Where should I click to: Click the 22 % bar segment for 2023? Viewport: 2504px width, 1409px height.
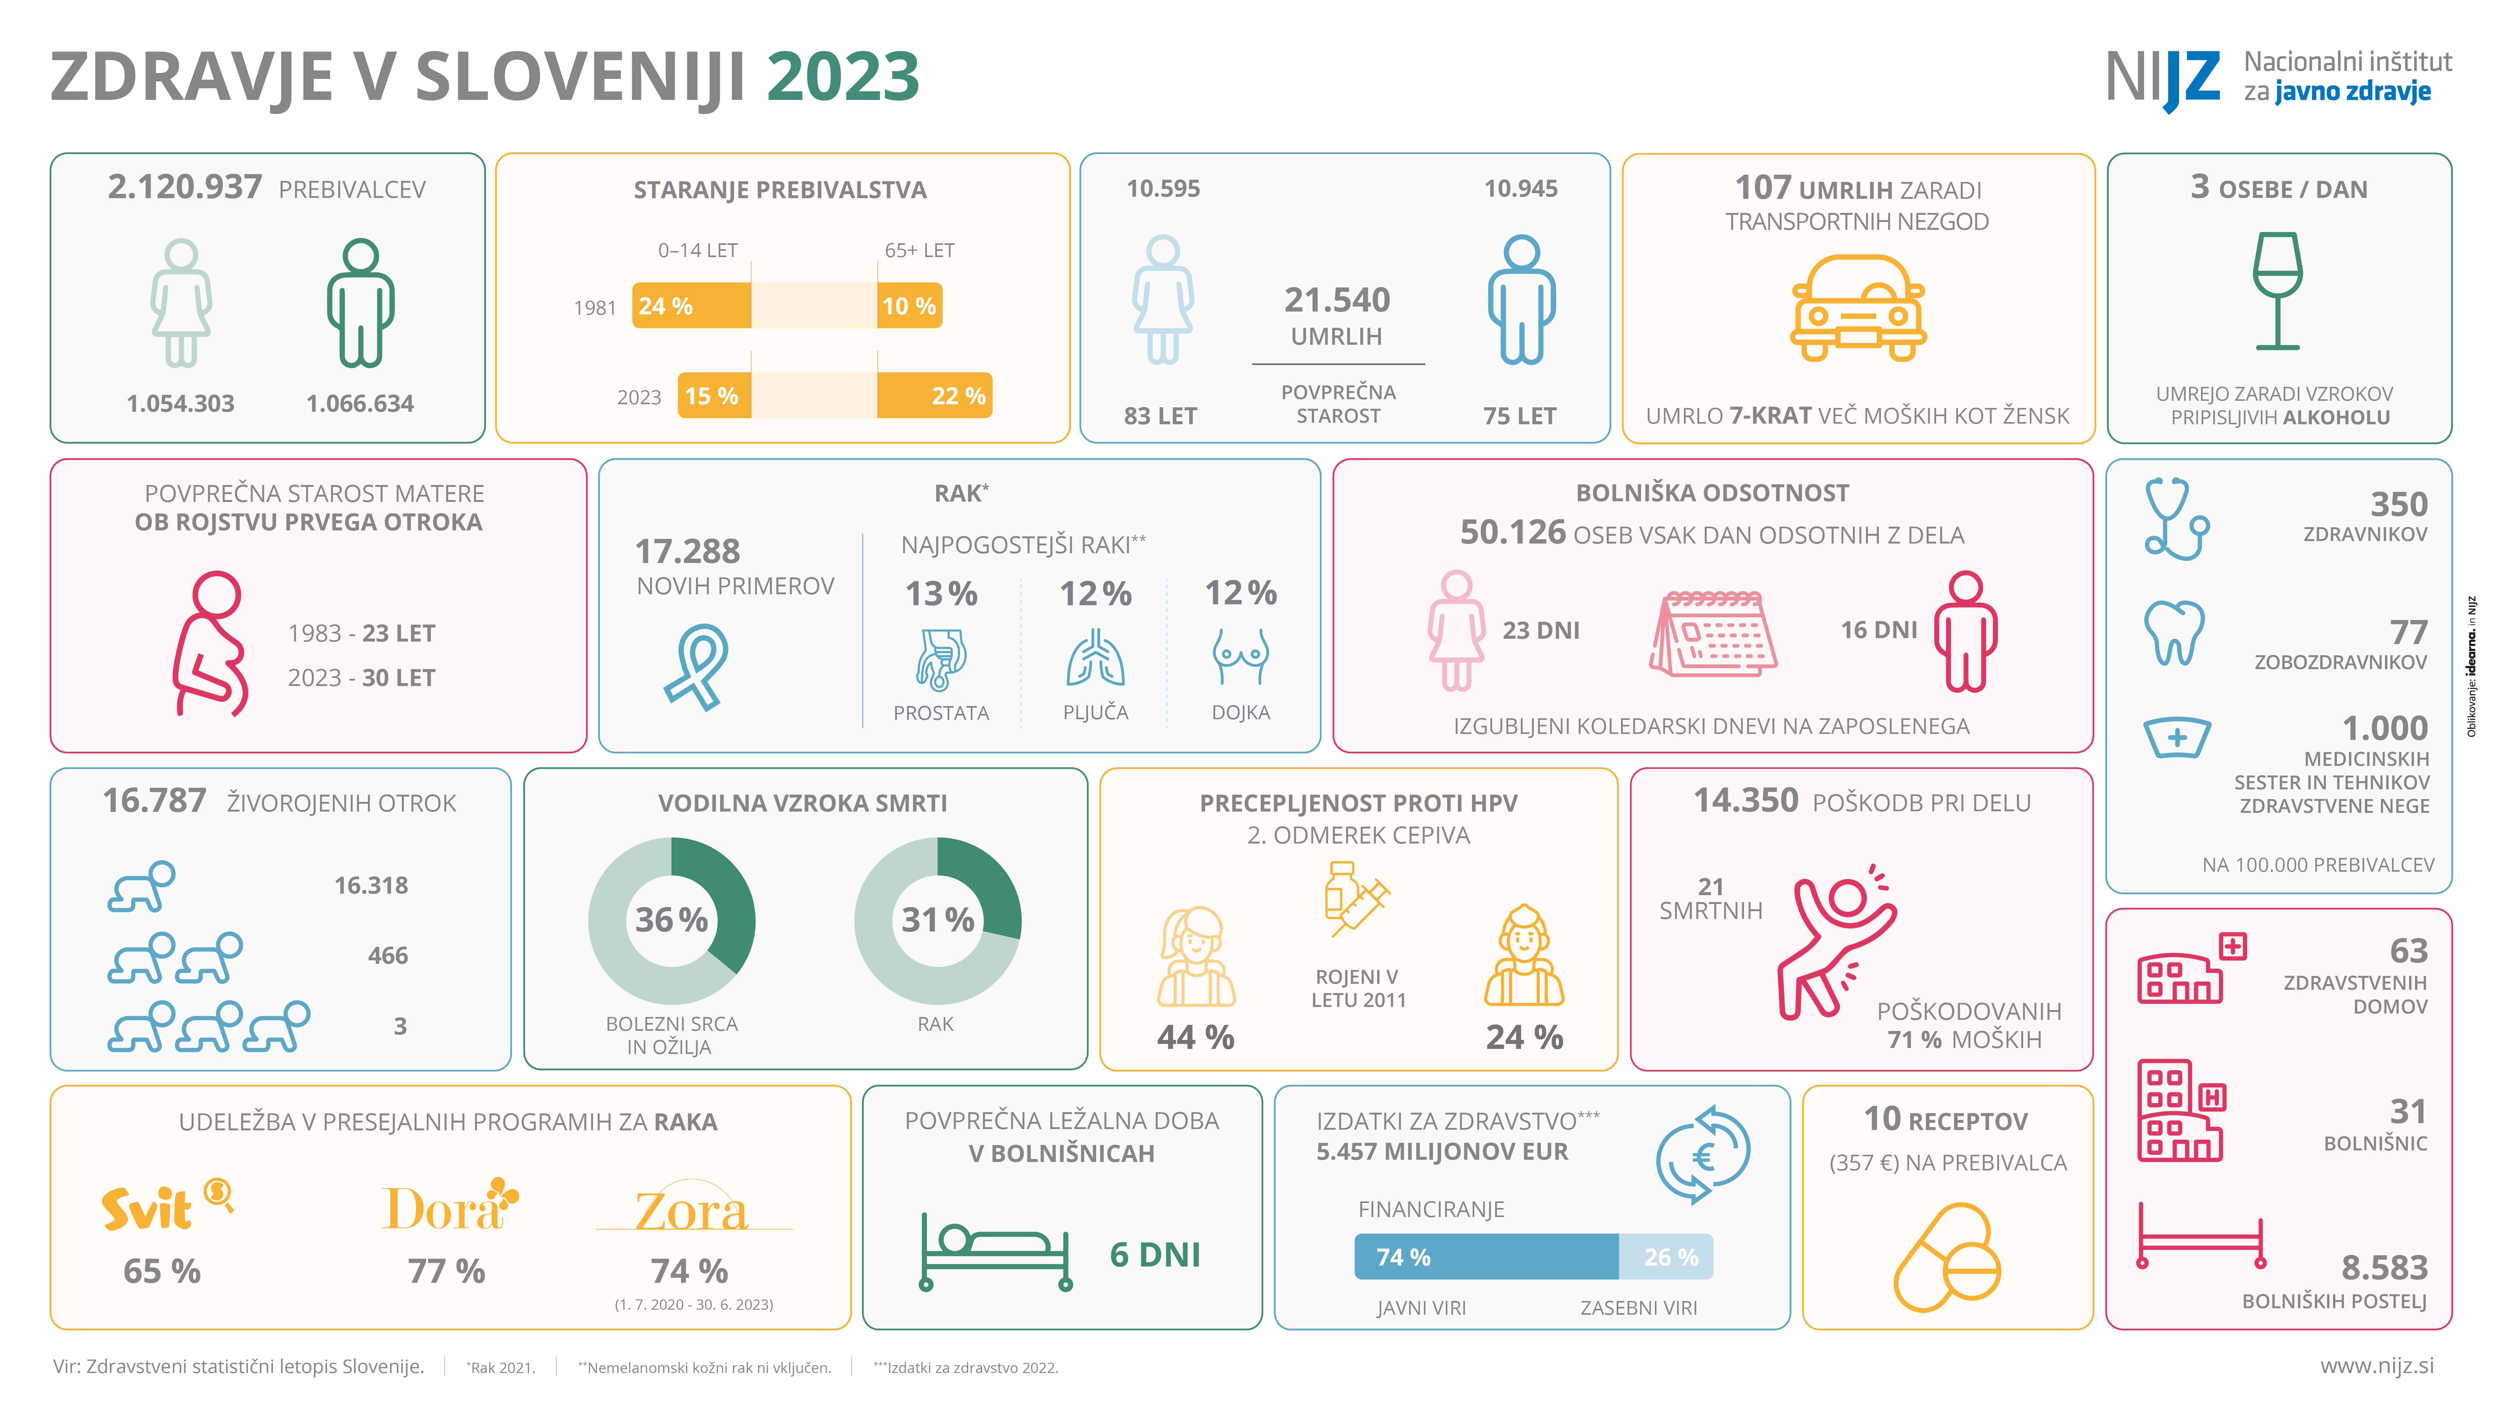pyautogui.click(x=934, y=396)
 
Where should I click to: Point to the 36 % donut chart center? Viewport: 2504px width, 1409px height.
pyautogui.click(x=672, y=920)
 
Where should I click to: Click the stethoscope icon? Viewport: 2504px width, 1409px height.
pyautogui.click(x=2175, y=518)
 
